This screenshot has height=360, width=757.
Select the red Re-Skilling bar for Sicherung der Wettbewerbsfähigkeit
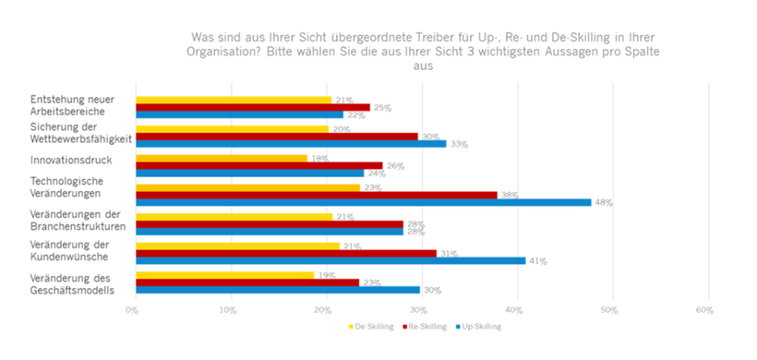(277, 136)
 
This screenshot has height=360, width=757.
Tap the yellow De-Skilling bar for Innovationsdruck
(222, 158)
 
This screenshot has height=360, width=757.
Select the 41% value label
(538, 261)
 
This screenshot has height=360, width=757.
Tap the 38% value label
(510, 195)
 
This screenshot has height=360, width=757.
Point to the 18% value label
(319, 158)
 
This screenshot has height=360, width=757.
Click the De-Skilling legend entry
(372, 326)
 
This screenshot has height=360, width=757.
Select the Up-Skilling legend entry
(481, 326)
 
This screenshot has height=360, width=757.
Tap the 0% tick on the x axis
(134, 309)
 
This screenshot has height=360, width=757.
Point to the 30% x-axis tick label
(420, 309)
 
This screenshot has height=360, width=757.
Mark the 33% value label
(459, 144)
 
